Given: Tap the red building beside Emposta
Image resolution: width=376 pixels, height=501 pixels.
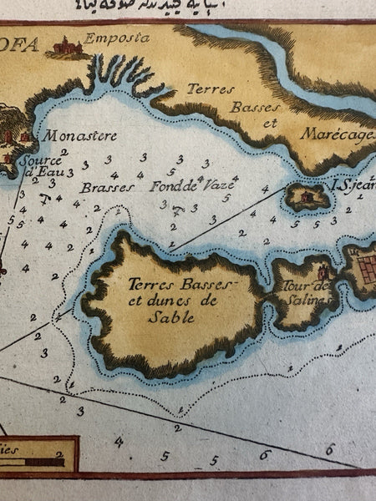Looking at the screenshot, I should pyautogui.click(x=66, y=48).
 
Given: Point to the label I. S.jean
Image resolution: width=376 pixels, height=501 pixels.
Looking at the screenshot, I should pyautogui.click(x=352, y=185).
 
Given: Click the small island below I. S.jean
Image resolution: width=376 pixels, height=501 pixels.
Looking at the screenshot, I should pyautogui.click(x=307, y=197).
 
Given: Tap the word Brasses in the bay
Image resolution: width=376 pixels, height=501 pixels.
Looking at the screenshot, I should pyautogui.click(x=108, y=188).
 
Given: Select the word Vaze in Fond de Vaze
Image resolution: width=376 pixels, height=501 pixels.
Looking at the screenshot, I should pyautogui.click(x=218, y=187).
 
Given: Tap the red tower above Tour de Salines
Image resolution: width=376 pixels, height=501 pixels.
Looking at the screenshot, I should pyautogui.click(x=323, y=272).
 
